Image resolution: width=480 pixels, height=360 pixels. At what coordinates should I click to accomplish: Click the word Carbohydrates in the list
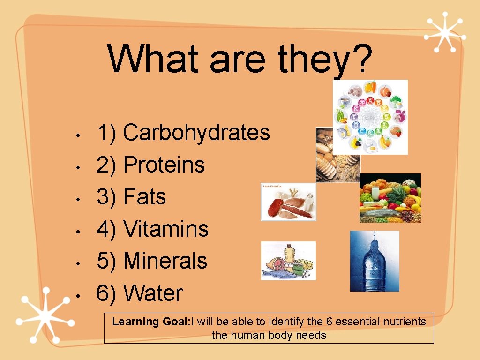pyautogui.click(x=196, y=133)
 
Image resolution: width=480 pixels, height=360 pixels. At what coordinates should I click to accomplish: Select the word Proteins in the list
pyautogui.click(x=164, y=165)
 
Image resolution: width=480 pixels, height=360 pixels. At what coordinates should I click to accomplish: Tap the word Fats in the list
pyautogui.click(x=144, y=197)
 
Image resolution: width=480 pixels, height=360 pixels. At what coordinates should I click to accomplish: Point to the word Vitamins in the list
pyautogui.click(x=165, y=229)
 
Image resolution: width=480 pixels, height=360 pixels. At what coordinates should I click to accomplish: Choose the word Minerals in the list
pyautogui.click(x=165, y=261)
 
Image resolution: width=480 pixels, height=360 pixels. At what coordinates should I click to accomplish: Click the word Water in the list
pyautogui.click(x=153, y=293)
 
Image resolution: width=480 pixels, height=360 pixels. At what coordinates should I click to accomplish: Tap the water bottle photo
pyautogui.click(x=375, y=261)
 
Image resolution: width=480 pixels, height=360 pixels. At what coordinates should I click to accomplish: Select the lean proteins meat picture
pyautogui.click(x=288, y=202)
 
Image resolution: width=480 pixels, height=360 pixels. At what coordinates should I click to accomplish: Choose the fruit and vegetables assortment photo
pyautogui.click(x=390, y=198)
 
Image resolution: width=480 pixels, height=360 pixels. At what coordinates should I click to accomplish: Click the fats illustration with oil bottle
pyautogui.click(x=288, y=261)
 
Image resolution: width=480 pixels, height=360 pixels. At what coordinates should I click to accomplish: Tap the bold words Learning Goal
pyautogui.click(x=149, y=322)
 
